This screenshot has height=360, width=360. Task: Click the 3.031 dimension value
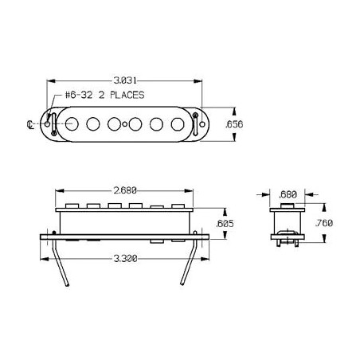125,80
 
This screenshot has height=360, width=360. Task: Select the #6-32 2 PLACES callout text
105,95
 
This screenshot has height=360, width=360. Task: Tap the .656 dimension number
234,124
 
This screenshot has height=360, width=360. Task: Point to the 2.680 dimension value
125,190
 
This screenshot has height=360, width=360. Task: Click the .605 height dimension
225,224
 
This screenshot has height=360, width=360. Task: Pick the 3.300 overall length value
126,258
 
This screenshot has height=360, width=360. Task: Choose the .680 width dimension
288,194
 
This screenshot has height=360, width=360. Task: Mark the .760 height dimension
324,223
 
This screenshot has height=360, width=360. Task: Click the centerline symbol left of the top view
30,124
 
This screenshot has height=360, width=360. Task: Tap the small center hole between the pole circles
125,124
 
